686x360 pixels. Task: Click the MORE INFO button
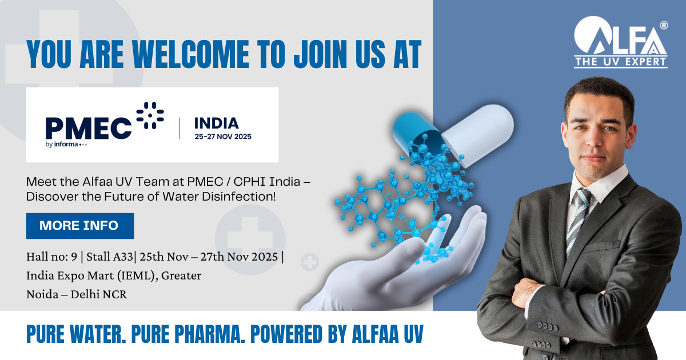point(79,226)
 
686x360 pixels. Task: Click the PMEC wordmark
point(89,126)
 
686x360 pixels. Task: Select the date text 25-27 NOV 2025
point(222,137)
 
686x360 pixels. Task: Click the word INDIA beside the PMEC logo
point(216,122)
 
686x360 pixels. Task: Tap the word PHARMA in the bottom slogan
point(202,334)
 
